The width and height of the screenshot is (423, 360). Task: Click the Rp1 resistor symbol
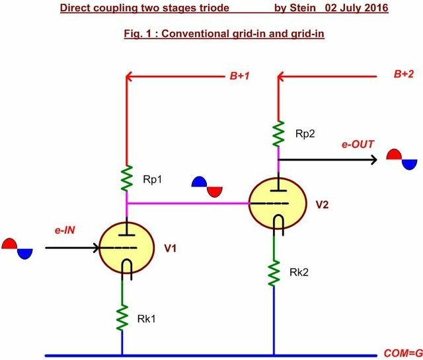(x=126, y=178)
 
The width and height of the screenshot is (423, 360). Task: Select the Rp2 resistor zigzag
(x=278, y=134)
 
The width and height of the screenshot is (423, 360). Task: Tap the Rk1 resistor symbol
(x=122, y=317)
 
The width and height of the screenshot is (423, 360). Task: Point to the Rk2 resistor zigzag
(x=274, y=273)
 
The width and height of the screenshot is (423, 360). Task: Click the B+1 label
(x=239, y=76)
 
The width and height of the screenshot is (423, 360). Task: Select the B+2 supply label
(x=404, y=74)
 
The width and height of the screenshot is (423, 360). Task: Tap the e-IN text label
(x=65, y=231)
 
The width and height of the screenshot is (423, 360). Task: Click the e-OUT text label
(x=358, y=144)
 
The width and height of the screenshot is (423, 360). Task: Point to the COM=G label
(x=403, y=353)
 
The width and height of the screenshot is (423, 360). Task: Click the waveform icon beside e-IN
(x=17, y=248)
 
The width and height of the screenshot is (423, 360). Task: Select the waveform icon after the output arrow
(x=402, y=159)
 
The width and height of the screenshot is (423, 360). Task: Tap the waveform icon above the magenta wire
(x=207, y=187)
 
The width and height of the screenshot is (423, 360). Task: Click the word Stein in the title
(x=303, y=7)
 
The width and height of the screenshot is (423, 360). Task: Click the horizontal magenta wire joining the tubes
(x=188, y=203)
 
